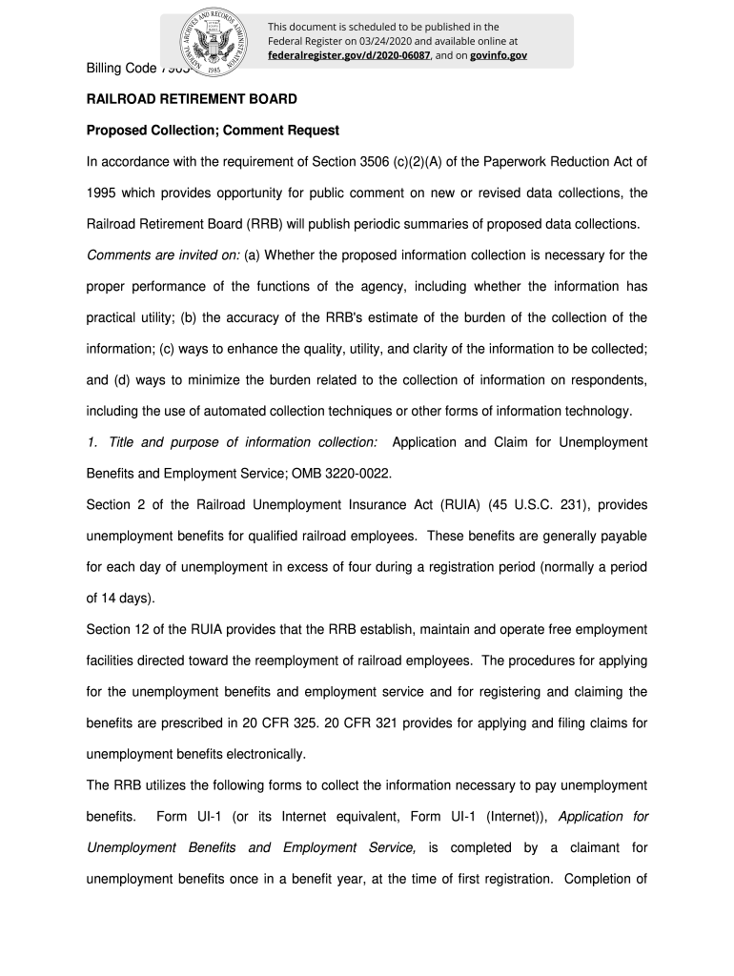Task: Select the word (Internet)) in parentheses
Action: click(x=516, y=817)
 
